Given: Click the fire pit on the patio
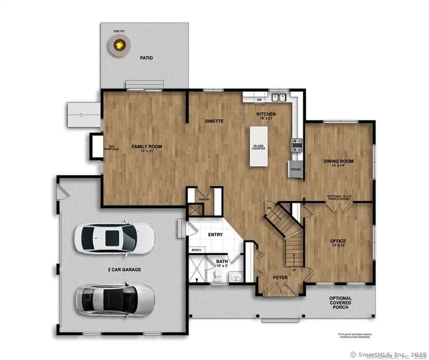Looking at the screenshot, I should coord(119,46).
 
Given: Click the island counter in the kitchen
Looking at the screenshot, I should coord(258,146).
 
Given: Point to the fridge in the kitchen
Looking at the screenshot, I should coord(295,169).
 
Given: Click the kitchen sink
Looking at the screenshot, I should coord(279,98).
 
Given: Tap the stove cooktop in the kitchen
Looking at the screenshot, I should coord(297,144).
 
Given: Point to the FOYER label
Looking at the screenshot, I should coord(280,277).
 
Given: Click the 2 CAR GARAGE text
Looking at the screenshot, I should coord(124,269).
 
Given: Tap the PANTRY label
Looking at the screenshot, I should coord(204,199).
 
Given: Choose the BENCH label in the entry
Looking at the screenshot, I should coord(196,250).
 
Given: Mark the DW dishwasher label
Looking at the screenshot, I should coord(259,100).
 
